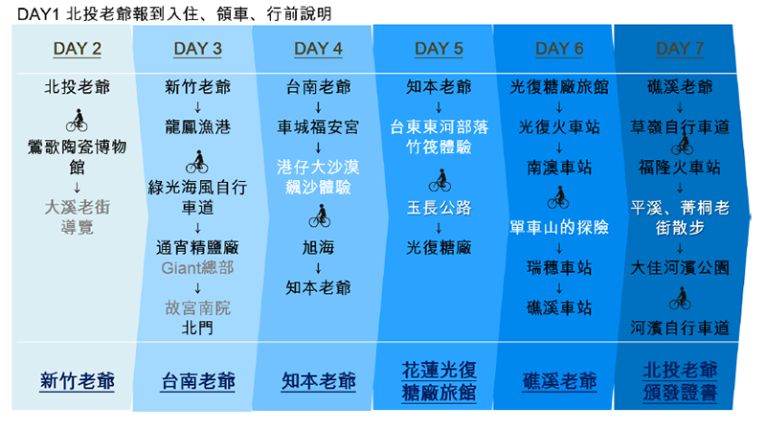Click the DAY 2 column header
point(78,49)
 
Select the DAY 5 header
point(439,49)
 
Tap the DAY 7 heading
point(680,49)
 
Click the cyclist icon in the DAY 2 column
point(78,121)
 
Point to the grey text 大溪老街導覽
point(78,217)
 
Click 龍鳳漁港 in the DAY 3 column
point(197,127)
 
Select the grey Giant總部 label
point(197,268)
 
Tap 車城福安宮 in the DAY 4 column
point(318,127)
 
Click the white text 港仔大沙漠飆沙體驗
point(318,177)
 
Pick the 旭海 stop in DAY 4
point(318,248)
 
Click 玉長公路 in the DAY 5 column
point(439,208)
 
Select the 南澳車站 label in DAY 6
point(559,168)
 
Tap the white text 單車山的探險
point(559,228)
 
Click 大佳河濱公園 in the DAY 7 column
point(680,268)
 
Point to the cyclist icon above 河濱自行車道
point(680,298)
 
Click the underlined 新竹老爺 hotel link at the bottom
point(78,381)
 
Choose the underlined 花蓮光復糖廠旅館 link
point(439,381)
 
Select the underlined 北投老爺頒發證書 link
point(680,381)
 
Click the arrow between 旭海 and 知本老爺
point(318,268)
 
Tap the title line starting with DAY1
point(174,13)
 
